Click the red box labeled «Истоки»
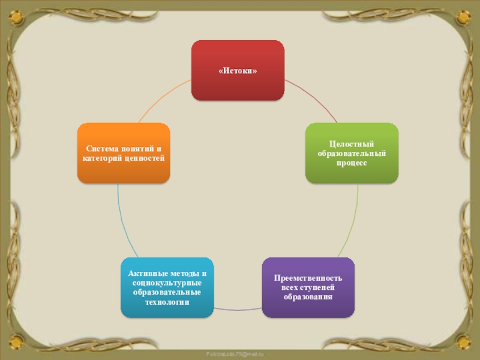click(238, 70)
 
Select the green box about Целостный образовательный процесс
click(351, 153)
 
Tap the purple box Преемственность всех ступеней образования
click(308, 287)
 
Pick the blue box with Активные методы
click(167, 287)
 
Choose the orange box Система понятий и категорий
click(124, 152)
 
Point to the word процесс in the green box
click(352, 163)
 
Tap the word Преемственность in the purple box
click(308, 278)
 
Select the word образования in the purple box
click(308, 297)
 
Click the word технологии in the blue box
click(167, 302)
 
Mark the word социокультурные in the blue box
click(167, 283)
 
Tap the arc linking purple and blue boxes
click(238, 309)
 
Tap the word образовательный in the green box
click(352, 154)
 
